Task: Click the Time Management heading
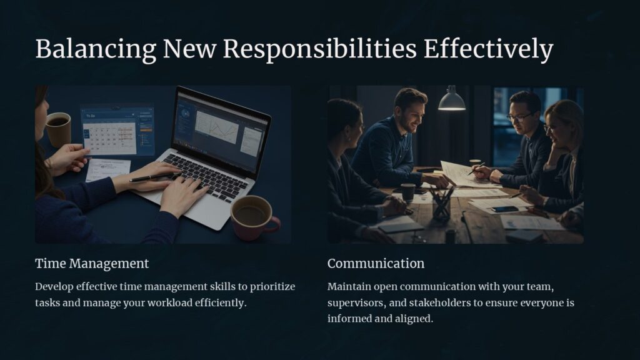pos(92,263)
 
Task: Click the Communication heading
pos(376,263)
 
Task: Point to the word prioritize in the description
pos(272,287)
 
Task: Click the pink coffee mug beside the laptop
pos(253,216)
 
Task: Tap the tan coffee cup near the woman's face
pos(59,129)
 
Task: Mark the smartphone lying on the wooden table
pos(505,209)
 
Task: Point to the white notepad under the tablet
pos(107,169)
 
